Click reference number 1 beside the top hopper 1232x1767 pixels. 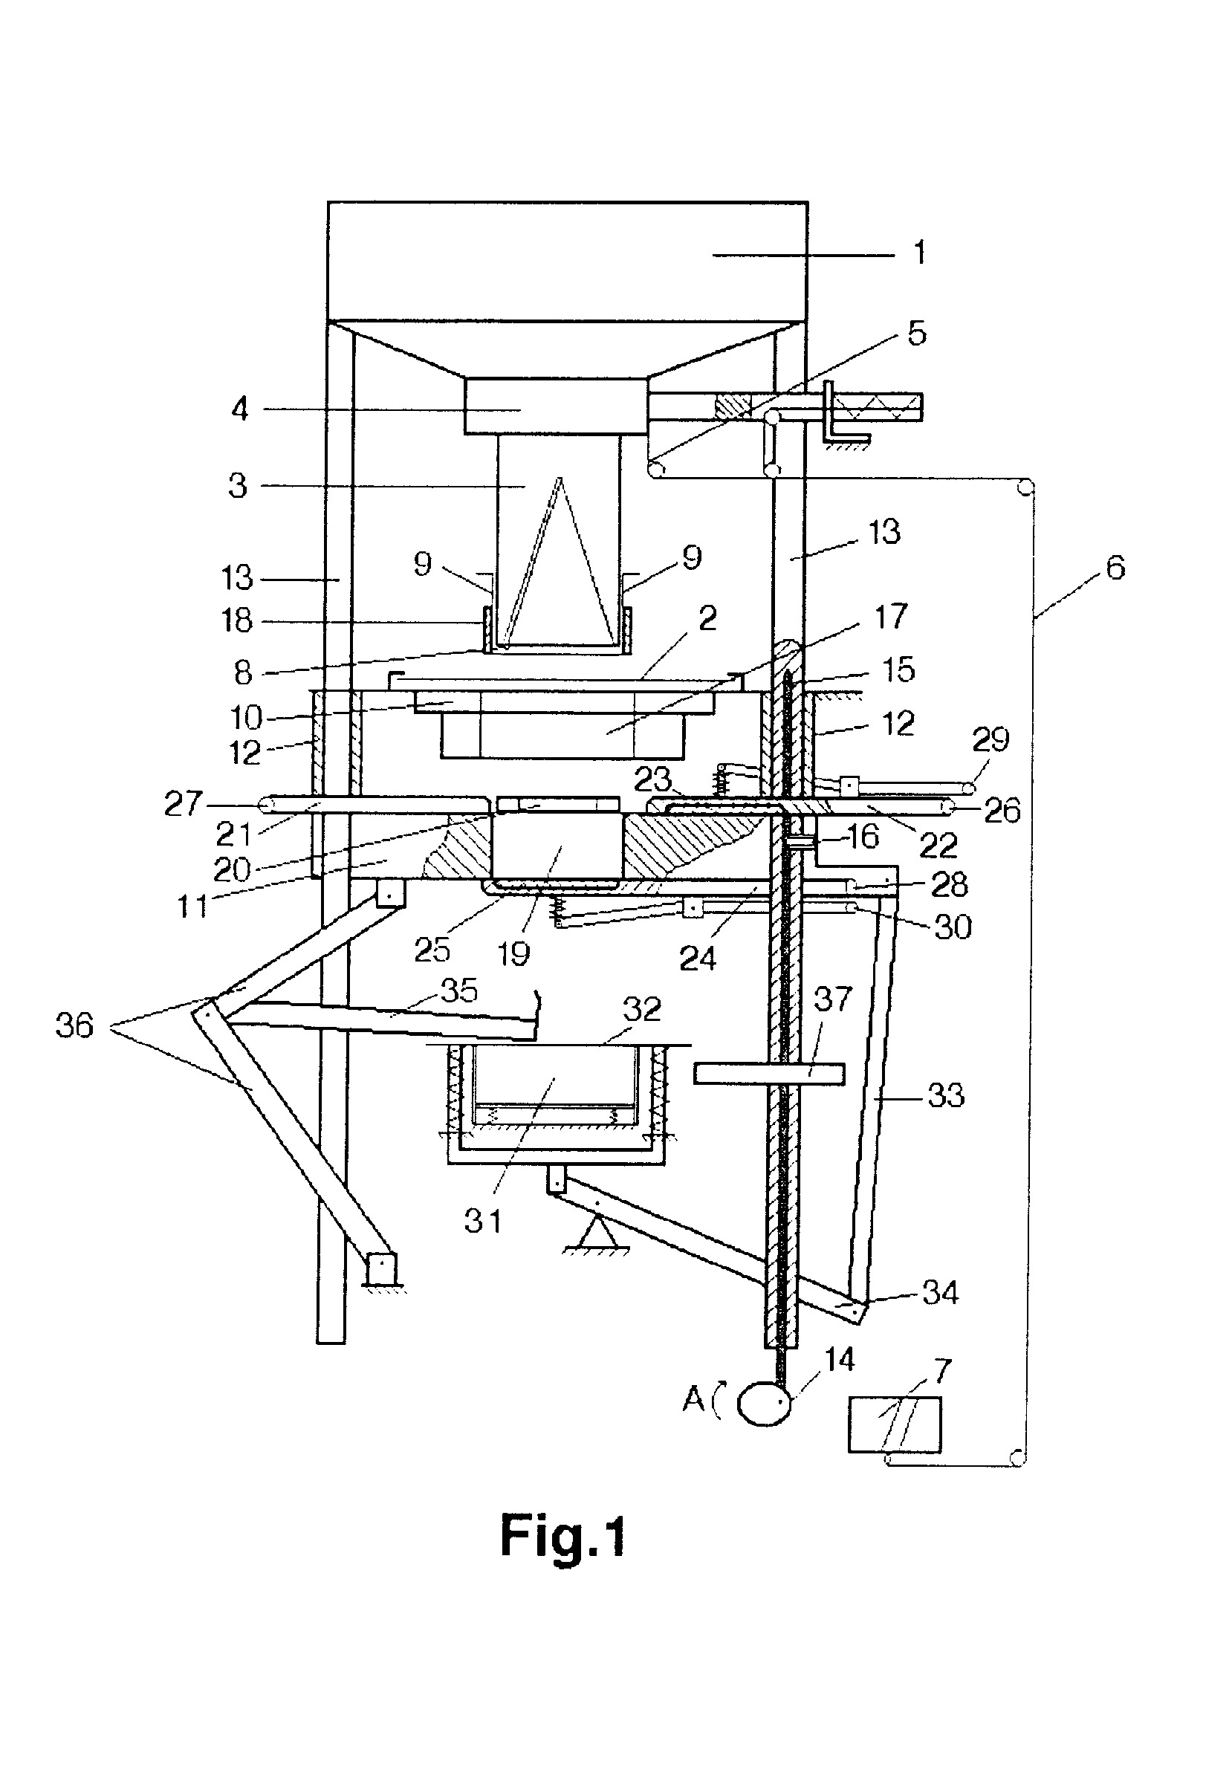point(919,253)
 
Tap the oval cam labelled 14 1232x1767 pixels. point(765,1403)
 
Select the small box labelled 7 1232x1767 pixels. point(895,1424)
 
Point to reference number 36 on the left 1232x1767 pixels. point(74,1025)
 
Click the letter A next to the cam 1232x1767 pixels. point(693,1400)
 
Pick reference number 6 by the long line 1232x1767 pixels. point(1115,568)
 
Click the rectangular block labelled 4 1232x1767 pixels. point(555,406)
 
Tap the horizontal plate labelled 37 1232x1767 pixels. point(769,1074)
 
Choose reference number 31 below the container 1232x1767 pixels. point(482,1221)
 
